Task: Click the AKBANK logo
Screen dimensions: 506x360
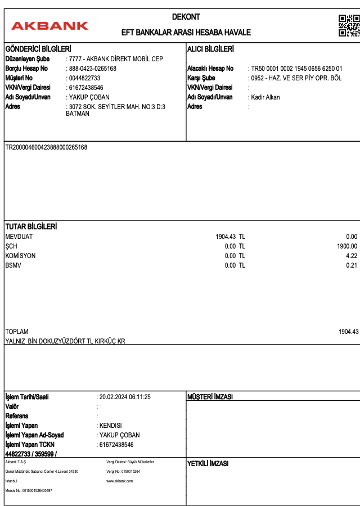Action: point(49,25)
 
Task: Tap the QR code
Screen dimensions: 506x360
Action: point(349,25)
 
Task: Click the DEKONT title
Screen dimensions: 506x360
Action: point(186,17)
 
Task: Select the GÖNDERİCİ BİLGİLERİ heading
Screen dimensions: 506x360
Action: point(38,49)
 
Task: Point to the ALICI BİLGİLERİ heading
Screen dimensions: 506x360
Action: point(210,49)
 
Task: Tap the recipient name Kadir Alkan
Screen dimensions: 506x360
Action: point(265,97)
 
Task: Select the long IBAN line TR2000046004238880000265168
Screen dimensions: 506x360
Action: point(46,147)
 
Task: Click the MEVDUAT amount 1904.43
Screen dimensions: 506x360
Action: point(226,237)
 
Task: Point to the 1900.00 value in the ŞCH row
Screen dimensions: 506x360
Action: point(347,246)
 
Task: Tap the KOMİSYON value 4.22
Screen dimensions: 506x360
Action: point(352,256)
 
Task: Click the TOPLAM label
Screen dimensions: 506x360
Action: point(17,332)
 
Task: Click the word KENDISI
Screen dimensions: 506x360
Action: point(110,426)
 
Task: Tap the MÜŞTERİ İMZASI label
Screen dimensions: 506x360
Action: point(210,397)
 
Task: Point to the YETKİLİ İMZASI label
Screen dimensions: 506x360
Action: point(208,464)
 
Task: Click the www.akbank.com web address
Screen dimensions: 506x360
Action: point(119,481)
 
